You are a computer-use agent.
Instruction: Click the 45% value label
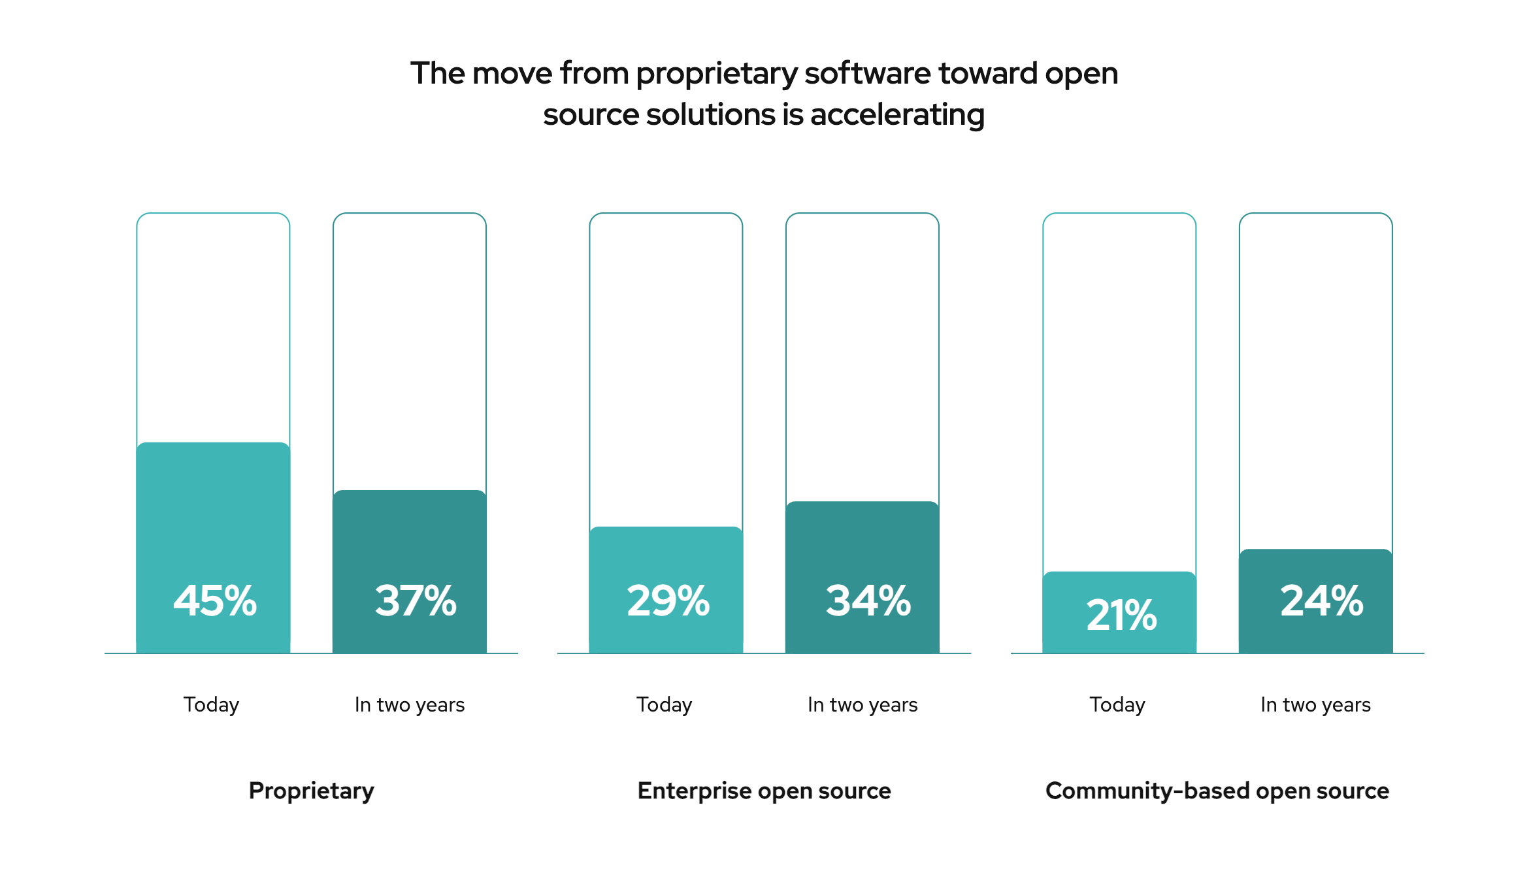click(x=214, y=600)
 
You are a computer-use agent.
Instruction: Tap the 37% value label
click(x=416, y=600)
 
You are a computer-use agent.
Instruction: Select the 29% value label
click(x=668, y=600)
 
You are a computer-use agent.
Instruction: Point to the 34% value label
click(x=868, y=600)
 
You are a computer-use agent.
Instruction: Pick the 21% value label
click(x=1121, y=615)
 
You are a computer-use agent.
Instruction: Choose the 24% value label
click(x=1321, y=600)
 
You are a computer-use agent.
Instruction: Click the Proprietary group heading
click(x=311, y=791)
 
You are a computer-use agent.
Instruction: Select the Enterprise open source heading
click(x=764, y=791)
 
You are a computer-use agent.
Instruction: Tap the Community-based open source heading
click(x=1217, y=791)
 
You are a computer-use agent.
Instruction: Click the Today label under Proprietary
click(x=211, y=705)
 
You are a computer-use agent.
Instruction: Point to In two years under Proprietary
click(x=409, y=705)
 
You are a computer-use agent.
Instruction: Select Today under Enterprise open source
click(x=664, y=705)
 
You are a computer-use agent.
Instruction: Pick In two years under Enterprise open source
click(x=863, y=705)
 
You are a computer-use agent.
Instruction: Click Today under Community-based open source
click(x=1117, y=705)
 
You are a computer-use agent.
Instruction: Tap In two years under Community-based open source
click(x=1315, y=705)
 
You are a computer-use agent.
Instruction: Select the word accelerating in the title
click(x=897, y=116)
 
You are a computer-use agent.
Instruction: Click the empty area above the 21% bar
click(x=1119, y=392)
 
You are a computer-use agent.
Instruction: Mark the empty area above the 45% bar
click(x=213, y=327)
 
